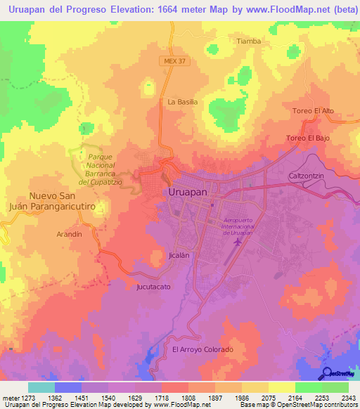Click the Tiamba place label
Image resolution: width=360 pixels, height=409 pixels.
(249, 41)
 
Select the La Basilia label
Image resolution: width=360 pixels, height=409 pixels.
(182, 102)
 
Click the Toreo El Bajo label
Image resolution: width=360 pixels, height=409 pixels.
(308, 138)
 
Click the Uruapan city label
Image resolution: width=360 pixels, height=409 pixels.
(188, 191)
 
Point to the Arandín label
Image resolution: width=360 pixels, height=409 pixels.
(70, 234)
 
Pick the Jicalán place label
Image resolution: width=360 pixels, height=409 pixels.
(180, 257)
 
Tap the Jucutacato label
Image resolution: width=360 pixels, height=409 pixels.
(153, 287)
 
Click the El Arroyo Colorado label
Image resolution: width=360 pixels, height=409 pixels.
(202, 349)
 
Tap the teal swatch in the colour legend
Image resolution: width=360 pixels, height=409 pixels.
(41, 387)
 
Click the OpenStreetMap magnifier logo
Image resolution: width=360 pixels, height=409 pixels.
(326, 372)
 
